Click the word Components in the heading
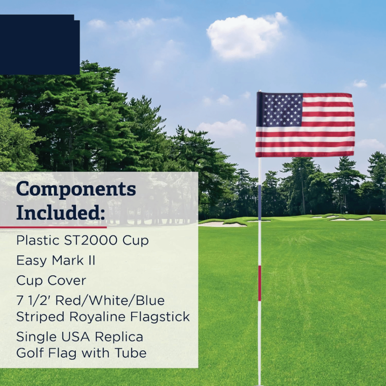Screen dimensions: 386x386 point(76,189)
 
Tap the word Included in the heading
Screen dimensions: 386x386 point(60,213)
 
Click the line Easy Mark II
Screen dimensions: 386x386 point(55,260)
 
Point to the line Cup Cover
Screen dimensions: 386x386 point(51,280)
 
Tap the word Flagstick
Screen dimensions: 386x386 point(160,317)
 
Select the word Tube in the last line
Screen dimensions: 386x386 point(132,353)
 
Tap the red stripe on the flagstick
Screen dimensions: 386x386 point(259,283)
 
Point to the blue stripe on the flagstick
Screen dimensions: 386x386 point(259,202)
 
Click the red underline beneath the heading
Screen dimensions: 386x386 point(53,227)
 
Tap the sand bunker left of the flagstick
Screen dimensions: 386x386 point(222,224)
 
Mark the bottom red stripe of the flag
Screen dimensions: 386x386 point(305,154)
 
